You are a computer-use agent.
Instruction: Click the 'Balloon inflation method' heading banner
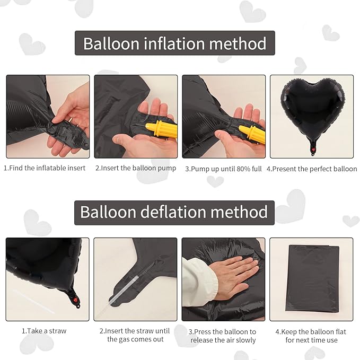coord(174,43)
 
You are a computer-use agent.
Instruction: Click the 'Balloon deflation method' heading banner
coord(174,212)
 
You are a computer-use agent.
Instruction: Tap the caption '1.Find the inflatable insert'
coord(45,169)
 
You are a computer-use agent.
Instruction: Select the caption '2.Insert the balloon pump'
coord(135,169)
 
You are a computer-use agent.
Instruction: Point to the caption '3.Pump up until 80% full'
coord(223,169)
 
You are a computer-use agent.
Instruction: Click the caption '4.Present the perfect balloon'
coord(312,169)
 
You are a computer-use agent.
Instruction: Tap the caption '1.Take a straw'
coord(45,331)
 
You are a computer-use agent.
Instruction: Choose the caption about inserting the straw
coord(135,335)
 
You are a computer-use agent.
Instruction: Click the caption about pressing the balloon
coord(223,335)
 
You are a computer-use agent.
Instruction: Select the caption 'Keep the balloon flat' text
coord(311,335)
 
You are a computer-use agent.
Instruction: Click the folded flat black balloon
coord(312,278)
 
